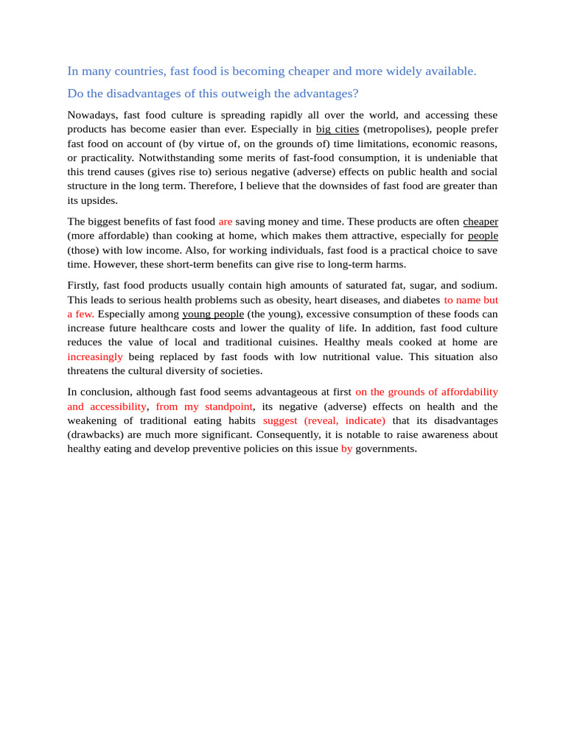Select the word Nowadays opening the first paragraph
92,115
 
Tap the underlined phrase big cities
338,129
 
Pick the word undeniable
433,158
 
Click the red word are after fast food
226,222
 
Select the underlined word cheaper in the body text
480,222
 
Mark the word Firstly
83,286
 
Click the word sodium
479,286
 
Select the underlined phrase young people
213,314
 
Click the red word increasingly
95,357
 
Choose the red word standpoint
228,406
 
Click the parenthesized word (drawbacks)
96,434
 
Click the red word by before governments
346,448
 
